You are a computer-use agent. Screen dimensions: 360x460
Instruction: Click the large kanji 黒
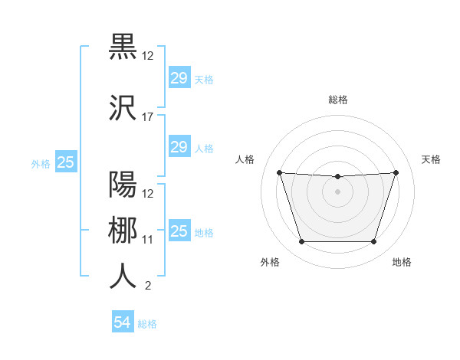click(123, 47)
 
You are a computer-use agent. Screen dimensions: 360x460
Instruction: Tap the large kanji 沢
click(123, 110)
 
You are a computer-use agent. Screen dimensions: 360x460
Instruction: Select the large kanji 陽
click(123, 185)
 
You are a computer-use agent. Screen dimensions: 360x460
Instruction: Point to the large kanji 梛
click(123, 231)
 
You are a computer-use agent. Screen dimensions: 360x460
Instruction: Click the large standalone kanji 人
click(123, 276)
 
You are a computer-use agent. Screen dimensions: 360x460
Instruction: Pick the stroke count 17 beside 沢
click(148, 117)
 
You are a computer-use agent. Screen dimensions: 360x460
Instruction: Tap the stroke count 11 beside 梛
click(148, 239)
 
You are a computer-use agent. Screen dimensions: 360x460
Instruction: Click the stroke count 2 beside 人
click(147, 286)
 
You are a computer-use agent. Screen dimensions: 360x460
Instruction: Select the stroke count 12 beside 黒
click(148, 55)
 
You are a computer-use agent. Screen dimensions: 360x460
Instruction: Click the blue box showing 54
click(123, 322)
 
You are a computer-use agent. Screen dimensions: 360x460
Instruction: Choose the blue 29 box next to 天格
click(179, 77)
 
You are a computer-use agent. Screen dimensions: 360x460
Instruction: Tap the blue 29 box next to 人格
click(179, 146)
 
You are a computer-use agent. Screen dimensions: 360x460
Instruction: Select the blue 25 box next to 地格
click(179, 231)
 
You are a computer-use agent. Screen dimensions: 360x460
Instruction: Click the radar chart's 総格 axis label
click(337, 100)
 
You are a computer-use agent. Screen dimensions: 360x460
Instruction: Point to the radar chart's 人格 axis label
click(245, 159)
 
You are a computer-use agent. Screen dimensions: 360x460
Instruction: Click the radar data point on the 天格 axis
click(396, 172)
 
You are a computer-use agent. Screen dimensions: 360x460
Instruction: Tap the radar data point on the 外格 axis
click(301, 242)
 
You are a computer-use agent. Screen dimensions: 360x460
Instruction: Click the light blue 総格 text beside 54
click(148, 324)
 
